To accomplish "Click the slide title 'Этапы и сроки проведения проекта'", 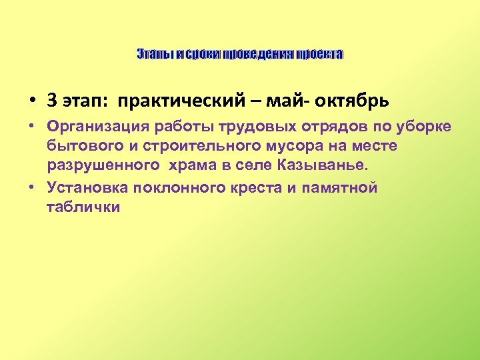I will click(240, 53).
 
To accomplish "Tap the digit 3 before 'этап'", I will click(51, 101).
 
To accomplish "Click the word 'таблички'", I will click(83, 207).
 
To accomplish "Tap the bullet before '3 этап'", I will click(33, 102).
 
